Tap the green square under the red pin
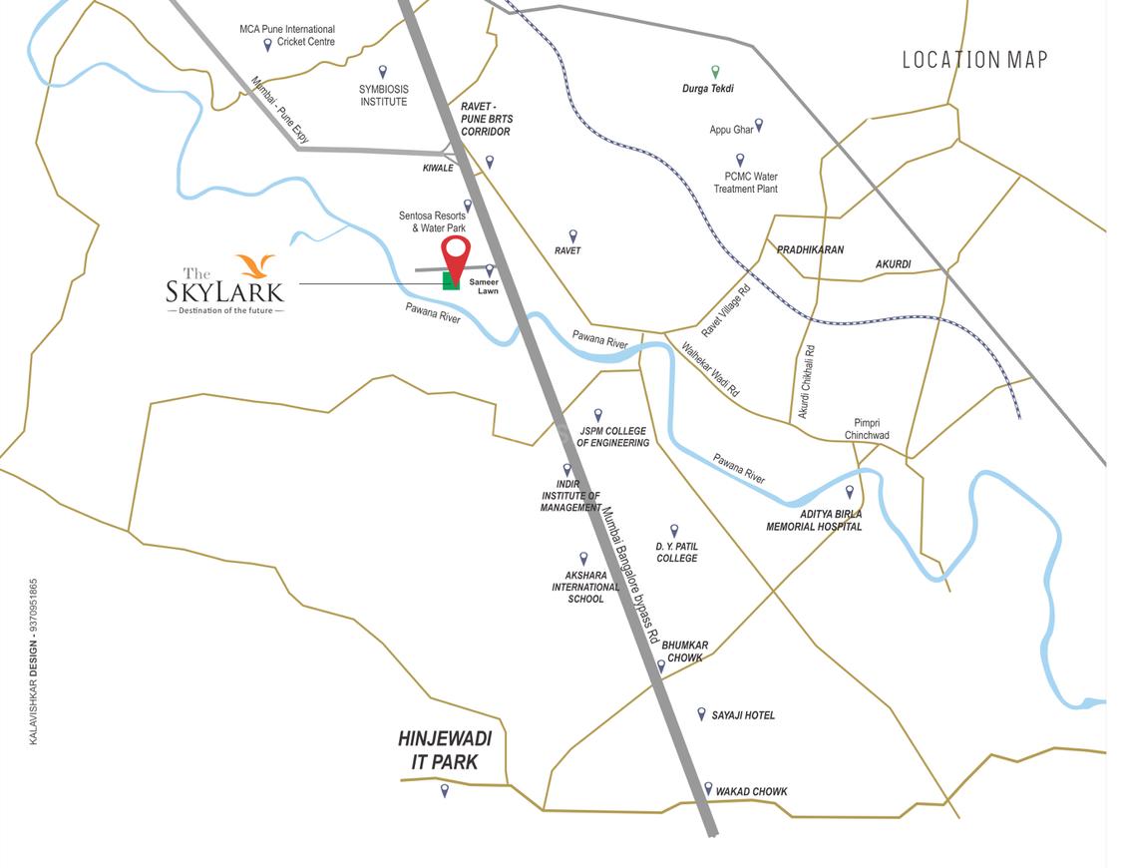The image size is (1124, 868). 451,281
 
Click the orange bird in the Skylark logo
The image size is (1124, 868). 254,266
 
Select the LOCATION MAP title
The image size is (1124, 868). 974,60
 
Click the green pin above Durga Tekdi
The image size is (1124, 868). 715,71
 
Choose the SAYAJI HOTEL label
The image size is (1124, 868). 743,715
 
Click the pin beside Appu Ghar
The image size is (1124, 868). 759,125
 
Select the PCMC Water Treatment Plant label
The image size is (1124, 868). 745,183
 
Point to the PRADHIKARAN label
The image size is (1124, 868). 810,249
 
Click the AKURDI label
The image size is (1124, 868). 894,264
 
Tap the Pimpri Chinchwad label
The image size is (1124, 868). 867,429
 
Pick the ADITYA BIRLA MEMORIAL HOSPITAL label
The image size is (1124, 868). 814,520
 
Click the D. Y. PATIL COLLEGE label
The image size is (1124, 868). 676,552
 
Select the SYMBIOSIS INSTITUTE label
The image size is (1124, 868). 383,95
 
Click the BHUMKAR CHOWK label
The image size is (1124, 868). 685,651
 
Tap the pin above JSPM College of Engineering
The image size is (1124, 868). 598,414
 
